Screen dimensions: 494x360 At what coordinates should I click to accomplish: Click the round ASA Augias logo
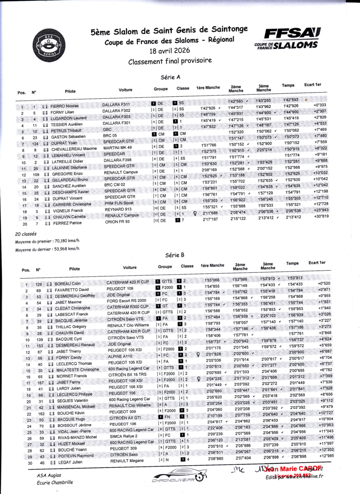point(49,43)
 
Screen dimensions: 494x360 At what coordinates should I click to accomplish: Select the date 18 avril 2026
point(170,51)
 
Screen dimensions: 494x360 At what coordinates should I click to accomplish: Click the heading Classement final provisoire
point(170,61)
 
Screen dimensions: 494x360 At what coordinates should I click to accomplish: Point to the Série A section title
point(170,77)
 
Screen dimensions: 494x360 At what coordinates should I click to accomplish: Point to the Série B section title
point(175,255)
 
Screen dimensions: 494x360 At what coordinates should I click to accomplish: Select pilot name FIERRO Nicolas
point(64,106)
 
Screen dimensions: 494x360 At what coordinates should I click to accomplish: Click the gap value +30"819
point(320,216)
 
